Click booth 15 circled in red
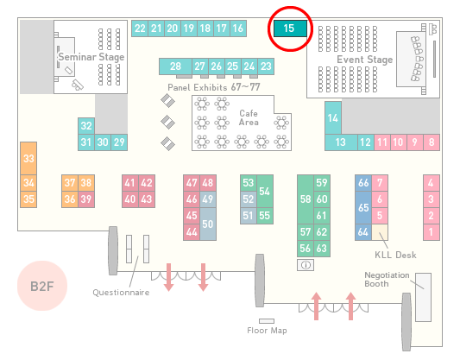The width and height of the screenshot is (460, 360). pos(290,28)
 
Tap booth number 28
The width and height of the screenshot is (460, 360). pos(175,66)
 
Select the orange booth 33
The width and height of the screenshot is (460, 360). pos(28,159)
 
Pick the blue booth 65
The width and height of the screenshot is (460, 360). pos(363,207)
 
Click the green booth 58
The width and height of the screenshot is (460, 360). pos(306,199)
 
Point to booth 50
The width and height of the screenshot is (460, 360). pos(208,224)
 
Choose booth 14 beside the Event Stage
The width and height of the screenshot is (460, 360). pos(333,118)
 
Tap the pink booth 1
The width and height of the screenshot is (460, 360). pos(432,232)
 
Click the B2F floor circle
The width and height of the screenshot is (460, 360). pos(42,286)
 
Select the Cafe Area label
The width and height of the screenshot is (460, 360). pos(249,117)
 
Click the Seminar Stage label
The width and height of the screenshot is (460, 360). pos(91,57)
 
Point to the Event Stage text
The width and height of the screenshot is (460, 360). pos(365,60)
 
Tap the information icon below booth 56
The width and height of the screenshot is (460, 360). pos(306,265)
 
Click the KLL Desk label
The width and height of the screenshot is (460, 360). pos(395,255)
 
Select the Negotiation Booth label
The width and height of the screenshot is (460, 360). pos(387,280)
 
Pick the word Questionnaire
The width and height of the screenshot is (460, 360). pos(121,292)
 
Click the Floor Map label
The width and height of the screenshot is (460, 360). pos(267,331)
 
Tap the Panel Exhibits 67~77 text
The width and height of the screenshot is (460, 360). pos(214,87)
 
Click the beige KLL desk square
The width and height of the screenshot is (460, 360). pos(380,232)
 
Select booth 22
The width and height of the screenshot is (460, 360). pos(140,28)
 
